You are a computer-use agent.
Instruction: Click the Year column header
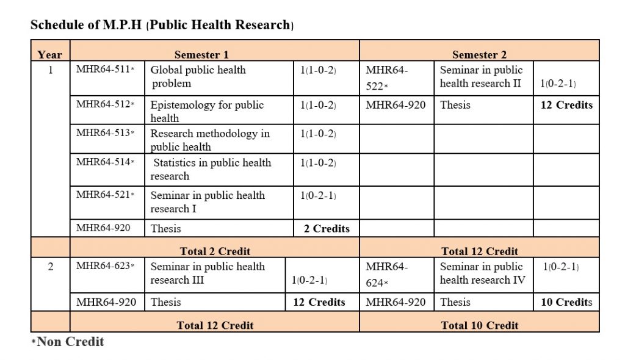[50, 55]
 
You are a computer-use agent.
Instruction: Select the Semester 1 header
[201, 55]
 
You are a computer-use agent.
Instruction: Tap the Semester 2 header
[480, 55]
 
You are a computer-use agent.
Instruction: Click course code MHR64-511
[105, 70]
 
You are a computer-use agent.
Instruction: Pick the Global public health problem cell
[198, 76]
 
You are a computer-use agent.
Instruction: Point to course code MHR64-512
[105, 104]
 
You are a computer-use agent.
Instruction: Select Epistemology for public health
[207, 111]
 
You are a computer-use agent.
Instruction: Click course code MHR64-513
[105, 133]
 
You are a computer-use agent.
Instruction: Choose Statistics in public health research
[211, 170]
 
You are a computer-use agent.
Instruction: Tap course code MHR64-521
[105, 195]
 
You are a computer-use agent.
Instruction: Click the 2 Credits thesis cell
[327, 228]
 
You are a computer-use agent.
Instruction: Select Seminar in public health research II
[481, 76]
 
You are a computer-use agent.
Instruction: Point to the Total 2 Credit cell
[215, 251]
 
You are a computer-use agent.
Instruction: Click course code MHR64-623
[105, 266]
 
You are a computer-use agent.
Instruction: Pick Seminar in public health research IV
[483, 273]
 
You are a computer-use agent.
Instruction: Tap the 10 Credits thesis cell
[566, 302]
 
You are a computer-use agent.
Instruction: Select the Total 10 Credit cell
[480, 325]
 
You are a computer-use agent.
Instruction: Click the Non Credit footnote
[68, 342]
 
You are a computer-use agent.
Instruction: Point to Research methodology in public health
[210, 140]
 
